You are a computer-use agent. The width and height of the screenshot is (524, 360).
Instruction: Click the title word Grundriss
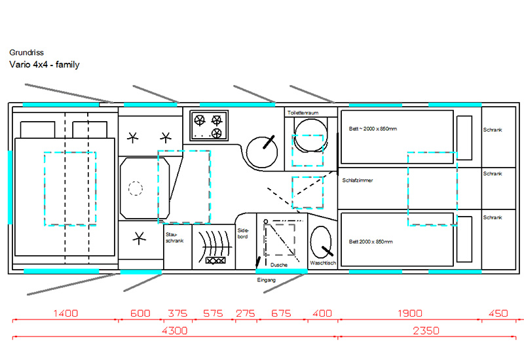coord(26,52)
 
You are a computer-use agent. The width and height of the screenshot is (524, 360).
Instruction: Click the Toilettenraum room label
coord(303,113)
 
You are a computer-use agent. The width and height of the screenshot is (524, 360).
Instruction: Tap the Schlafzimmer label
coord(357,181)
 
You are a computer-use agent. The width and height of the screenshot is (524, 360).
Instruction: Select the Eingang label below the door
coord(267,280)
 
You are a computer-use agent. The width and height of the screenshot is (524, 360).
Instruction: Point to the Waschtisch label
coord(323,263)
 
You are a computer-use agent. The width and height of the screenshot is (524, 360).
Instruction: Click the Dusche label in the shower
coord(279,265)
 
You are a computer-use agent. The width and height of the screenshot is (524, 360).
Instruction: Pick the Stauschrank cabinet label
coord(174,238)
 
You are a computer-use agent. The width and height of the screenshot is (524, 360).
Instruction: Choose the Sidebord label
coord(243,234)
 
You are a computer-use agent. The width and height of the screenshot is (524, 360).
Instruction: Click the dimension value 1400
coord(65,314)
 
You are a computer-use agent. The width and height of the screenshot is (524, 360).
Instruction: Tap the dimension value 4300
coord(175,331)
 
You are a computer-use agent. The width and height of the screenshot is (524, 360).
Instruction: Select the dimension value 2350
coord(426,331)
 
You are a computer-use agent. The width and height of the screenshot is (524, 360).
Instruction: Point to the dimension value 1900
coord(410,314)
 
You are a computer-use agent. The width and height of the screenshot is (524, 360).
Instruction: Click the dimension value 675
coord(281,314)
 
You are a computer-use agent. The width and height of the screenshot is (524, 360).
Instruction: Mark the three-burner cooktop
coord(209,126)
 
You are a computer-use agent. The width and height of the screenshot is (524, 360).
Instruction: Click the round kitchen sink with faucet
coord(262,152)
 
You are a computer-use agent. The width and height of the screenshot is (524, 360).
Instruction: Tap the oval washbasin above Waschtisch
coord(321,242)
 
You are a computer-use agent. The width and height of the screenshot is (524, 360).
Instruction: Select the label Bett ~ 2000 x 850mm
coord(373,128)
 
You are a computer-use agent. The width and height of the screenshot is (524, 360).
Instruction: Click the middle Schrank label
coord(493,173)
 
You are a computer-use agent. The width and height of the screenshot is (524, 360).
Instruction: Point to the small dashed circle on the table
coord(136,189)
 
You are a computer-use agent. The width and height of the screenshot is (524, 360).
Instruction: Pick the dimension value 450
coord(498,314)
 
